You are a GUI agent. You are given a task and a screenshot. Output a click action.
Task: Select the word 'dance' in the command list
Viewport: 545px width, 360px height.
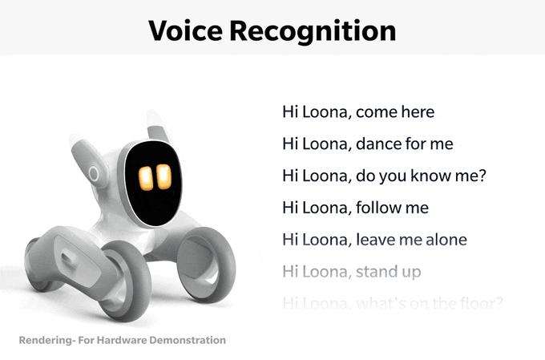(380, 144)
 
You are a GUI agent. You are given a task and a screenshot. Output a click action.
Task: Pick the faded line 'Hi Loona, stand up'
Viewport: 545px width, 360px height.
(351, 272)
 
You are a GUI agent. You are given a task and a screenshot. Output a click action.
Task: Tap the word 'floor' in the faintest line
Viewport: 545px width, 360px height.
(477, 304)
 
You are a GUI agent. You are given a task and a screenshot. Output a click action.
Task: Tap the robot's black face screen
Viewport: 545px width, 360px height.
(154, 182)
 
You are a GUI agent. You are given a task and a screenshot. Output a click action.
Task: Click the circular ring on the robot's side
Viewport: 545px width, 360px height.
(95, 173)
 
